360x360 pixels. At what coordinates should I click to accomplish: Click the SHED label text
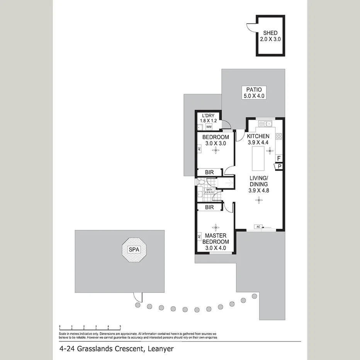270,33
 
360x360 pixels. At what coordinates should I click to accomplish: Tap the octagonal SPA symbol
134,250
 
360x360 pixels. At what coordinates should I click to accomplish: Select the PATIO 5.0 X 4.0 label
253,93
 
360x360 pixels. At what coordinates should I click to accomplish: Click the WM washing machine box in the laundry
209,127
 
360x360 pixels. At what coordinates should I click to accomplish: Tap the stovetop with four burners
278,136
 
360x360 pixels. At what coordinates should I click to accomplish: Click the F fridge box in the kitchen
278,158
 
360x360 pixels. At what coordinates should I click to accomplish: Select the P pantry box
278,166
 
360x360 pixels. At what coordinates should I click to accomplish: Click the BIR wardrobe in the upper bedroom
209,172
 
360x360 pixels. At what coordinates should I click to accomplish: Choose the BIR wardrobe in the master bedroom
209,207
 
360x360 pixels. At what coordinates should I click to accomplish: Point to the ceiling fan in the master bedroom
215,227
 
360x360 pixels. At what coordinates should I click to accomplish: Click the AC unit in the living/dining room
257,227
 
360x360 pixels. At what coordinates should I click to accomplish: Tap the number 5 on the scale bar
120,327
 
